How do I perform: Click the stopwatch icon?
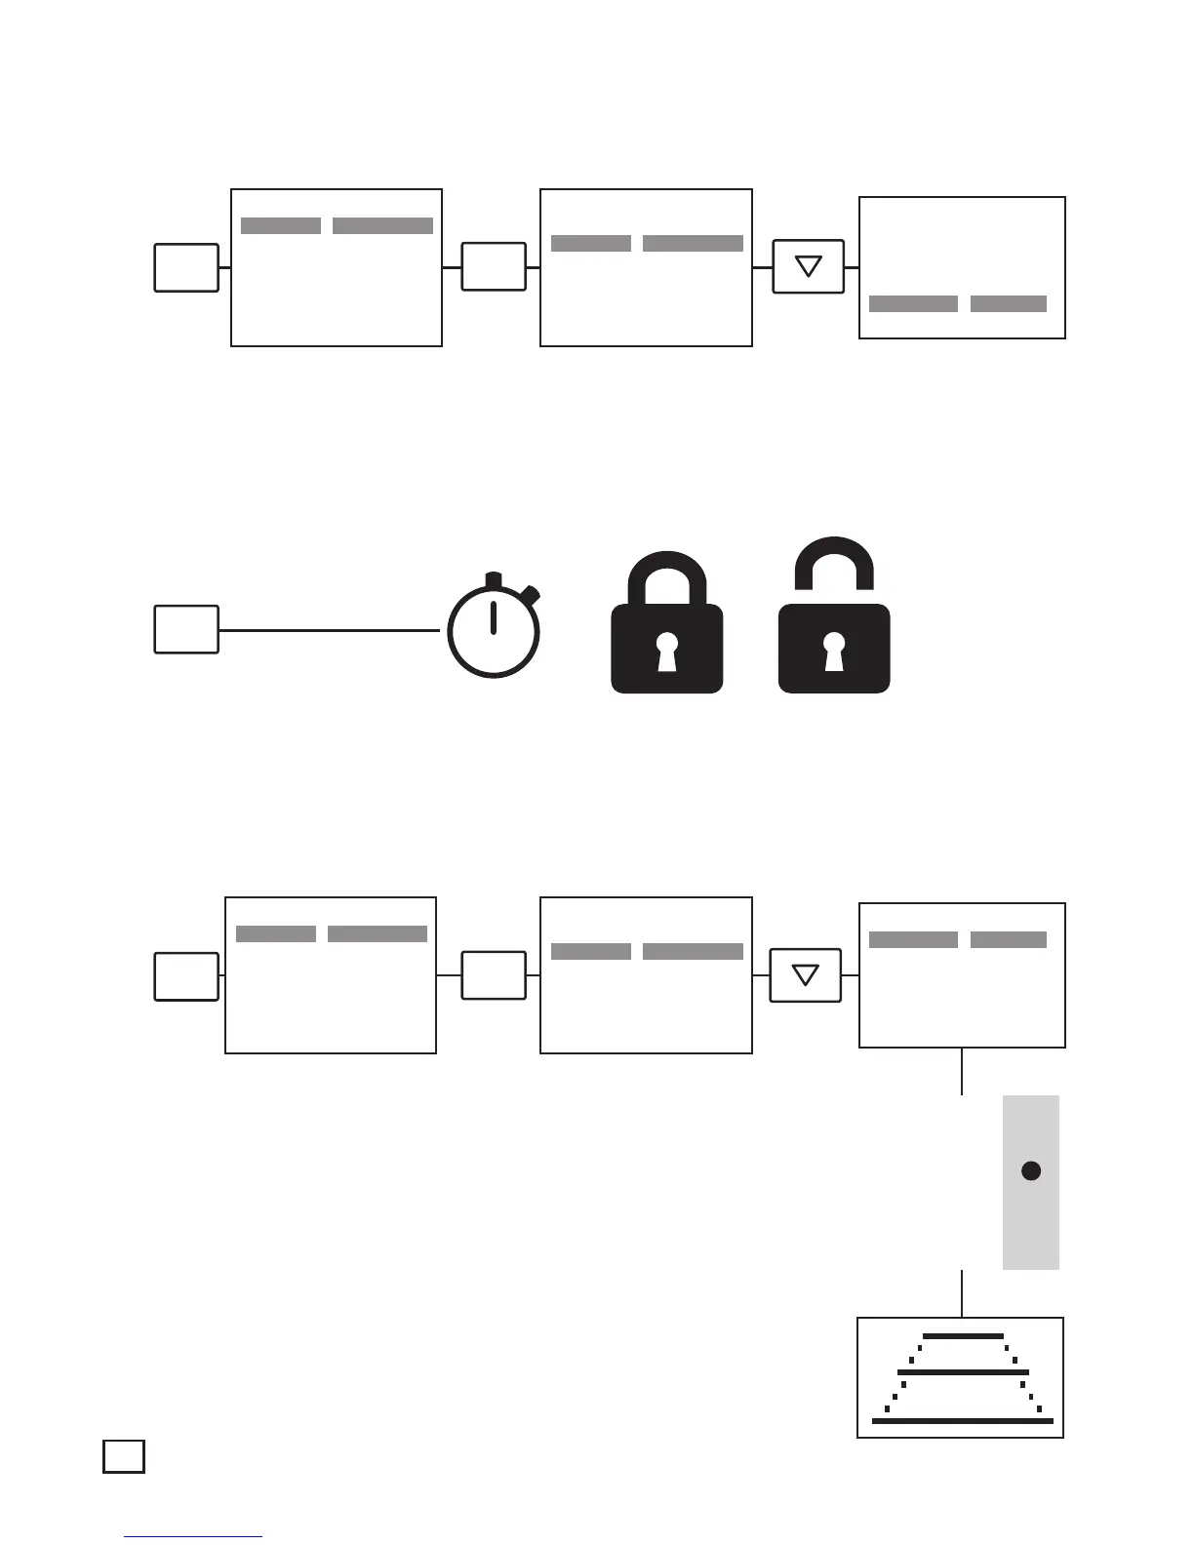(x=494, y=630)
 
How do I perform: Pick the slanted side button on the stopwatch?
(x=530, y=593)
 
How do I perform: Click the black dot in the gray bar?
(x=1031, y=1170)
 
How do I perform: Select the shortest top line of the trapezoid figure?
(x=963, y=1335)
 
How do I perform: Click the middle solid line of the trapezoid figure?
(x=963, y=1371)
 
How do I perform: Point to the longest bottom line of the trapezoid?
(x=963, y=1421)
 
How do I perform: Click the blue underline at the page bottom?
(x=193, y=1537)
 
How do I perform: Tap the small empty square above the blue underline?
(x=124, y=1456)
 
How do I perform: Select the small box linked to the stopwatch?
(x=186, y=629)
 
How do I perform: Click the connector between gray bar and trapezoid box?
(x=963, y=1293)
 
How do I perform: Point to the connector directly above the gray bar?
(x=963, y=1071)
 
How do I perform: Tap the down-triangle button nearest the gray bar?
(x=805, y=975)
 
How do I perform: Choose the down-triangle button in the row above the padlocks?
(x=808, y=266)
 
